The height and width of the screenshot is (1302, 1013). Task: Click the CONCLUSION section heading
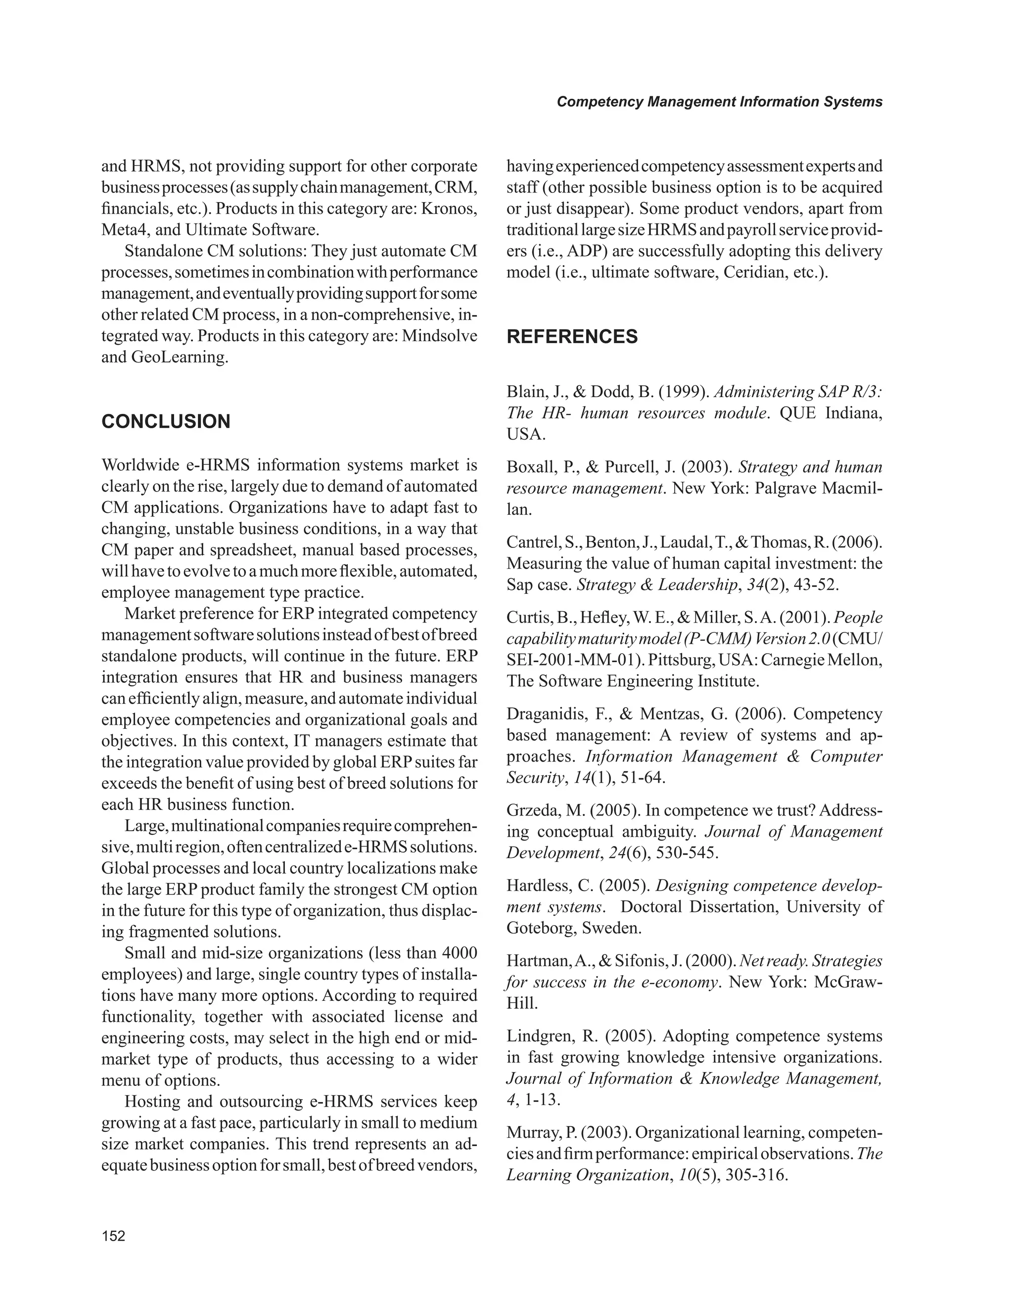point(166,421)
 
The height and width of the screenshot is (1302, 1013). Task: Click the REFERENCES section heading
point(572,337)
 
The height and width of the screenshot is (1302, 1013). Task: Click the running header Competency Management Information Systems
point(719,102)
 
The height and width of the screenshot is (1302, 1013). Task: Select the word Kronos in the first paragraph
point(451,209)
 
